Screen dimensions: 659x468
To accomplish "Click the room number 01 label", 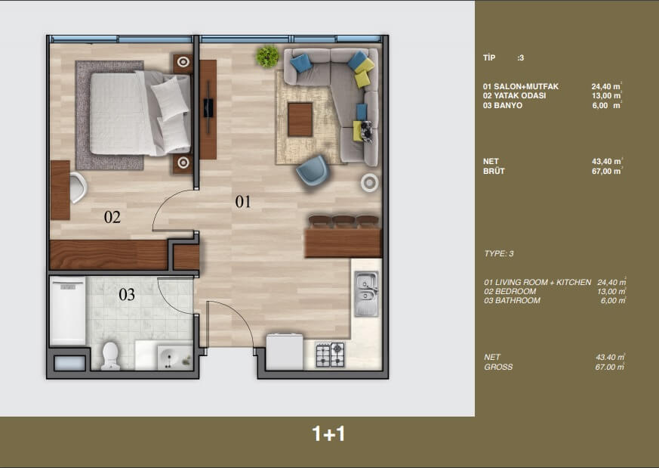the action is click(x=243, y=202).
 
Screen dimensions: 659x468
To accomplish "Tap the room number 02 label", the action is click(x=112, y=217).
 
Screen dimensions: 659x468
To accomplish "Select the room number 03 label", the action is click(x=127, y=295).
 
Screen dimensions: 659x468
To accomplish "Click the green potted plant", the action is click(x=268, y=57).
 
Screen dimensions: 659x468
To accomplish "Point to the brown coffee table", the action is click(x=300, y=119).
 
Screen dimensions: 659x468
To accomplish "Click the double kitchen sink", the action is click(x=366, y=294).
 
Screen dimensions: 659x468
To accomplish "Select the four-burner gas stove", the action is click(x=331, y=355).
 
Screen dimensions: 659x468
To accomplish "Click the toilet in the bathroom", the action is click(x=110, y=356).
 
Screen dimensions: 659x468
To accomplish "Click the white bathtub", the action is click(x=68, y=311).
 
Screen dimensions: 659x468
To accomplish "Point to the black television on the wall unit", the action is click(x=208, y=108).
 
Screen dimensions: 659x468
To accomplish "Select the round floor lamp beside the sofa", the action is click(x=369, y=183).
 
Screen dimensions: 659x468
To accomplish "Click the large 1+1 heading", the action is click(x=328, y=434).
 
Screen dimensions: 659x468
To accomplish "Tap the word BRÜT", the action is click(x=494, y=172).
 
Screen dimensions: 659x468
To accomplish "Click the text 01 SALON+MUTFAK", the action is click(x=521, y=86).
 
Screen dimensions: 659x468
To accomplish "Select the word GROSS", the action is click(x=498, y=367).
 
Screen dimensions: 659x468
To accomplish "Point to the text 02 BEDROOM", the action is click(x=510, y=291).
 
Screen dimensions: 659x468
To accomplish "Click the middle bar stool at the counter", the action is click(x=343, y=222).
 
